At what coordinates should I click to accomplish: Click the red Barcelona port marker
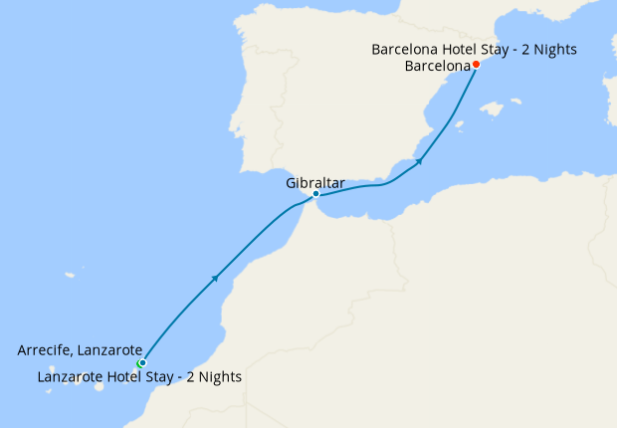click(x=476, y=65)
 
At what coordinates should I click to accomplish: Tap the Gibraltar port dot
click(x=315, y=194)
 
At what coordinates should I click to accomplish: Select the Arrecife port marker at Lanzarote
click(x=142, y=362)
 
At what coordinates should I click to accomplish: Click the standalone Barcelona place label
click(x=438, y=67)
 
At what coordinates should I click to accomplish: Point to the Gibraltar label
click(x=314, y=182)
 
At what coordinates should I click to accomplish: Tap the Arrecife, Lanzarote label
click(x=80, y=350)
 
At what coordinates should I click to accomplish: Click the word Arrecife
click(x=46, y=350)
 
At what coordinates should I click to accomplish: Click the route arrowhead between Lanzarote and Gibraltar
click(x=214, y=280)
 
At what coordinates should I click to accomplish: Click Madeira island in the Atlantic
click(x=71, y=275)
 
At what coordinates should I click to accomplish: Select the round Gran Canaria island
click(x=99, y=386)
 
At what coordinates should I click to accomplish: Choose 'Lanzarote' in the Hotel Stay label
click(x=72, y=377)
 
